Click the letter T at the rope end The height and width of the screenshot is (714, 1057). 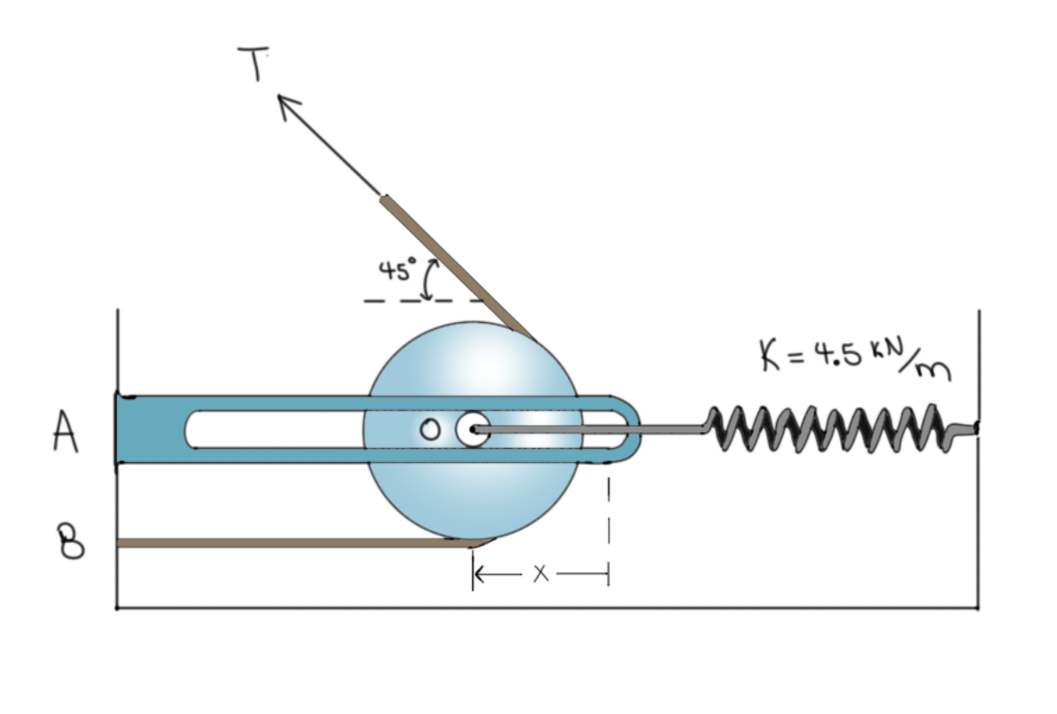tap(254, 64)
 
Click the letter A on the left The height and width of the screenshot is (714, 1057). tap(64, 434)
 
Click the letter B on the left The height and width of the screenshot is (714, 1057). tap(72, 541)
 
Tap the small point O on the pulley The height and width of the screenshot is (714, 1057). tap(430, 430)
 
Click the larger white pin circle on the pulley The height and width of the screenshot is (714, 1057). tap(472, 430)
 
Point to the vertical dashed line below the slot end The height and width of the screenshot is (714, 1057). tap(609, 514)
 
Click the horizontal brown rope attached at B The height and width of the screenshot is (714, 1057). tap(293, 542)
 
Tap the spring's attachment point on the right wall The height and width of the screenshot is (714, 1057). tap(975, 428)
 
